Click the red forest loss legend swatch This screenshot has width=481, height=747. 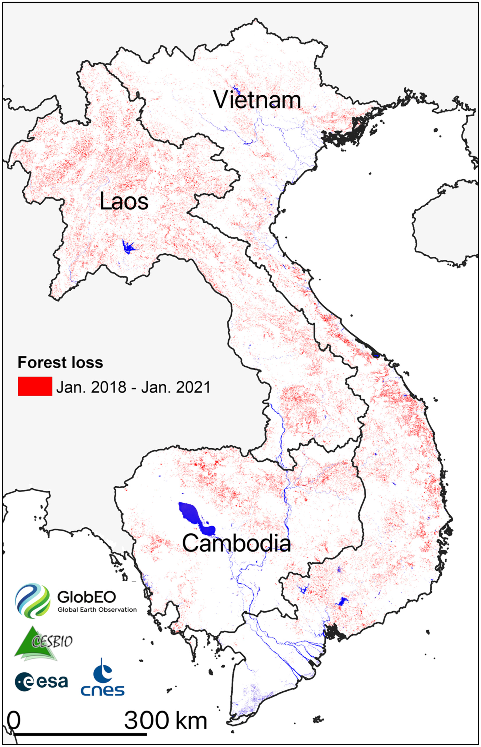coord(35,386)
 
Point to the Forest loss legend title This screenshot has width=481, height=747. coord(60,362)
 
